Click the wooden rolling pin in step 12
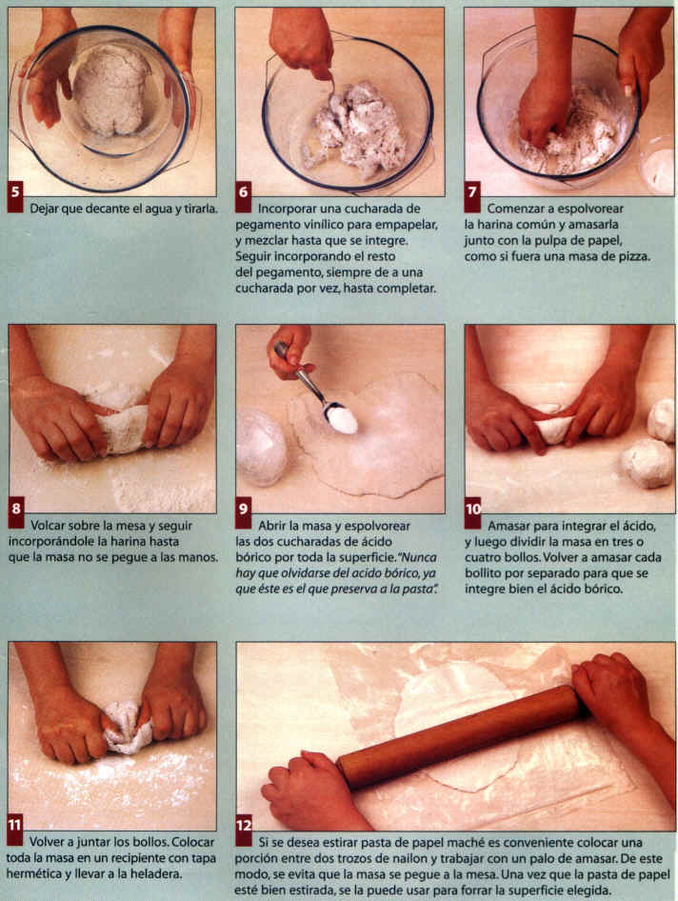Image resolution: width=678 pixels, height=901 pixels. [x=458, y=736]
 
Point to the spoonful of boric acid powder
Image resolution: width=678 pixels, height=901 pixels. [x=341, y=418]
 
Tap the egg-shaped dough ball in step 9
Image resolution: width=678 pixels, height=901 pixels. [x=262, y=447]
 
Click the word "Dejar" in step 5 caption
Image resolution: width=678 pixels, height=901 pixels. [x=43, y=210]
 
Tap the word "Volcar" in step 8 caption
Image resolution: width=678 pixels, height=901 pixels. [x=48, y=525]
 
